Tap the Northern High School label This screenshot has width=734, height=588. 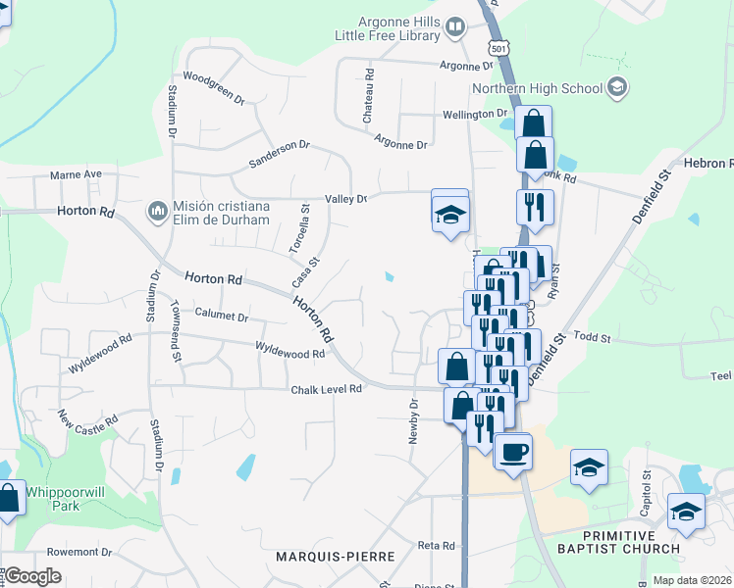(537, 89)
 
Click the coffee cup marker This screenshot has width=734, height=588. (511, 452)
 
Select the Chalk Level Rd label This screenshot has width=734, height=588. (326, 389)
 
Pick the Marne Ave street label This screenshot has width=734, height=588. (77, 174)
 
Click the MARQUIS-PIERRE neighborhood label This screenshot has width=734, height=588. (337, 557)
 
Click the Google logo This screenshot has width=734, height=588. (33, 576)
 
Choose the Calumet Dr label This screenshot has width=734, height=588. (222, 317)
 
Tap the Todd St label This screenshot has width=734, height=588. (592, 337)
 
